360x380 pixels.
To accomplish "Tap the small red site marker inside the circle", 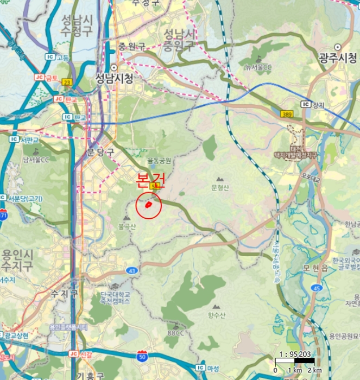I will pos(148,205).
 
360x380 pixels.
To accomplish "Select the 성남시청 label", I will pos(113,78).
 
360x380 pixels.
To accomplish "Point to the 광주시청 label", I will pos(338,58).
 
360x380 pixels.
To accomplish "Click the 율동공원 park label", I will pos(159,161).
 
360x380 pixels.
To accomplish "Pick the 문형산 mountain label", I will pos(220,188).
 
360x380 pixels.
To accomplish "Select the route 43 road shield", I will pos(132,270).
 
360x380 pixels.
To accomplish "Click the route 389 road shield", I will pos(287,114).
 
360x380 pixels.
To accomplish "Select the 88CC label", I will pos(175,332).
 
